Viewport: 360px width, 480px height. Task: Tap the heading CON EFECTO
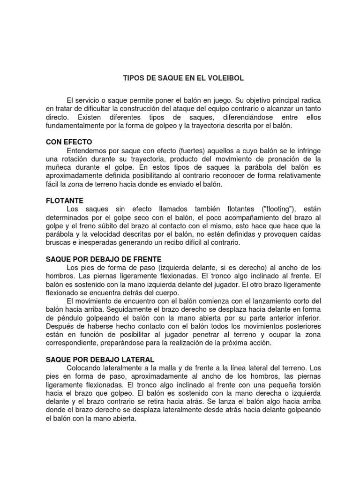pyautogui.click(x=68, y=142)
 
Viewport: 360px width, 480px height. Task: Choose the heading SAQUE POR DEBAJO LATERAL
pyautogui.click(x=100, y=360)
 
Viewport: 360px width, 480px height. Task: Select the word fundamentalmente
pyautogui.click(x=75, y=126)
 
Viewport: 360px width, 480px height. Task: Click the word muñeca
pyautogui.click(x=59, y=167)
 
